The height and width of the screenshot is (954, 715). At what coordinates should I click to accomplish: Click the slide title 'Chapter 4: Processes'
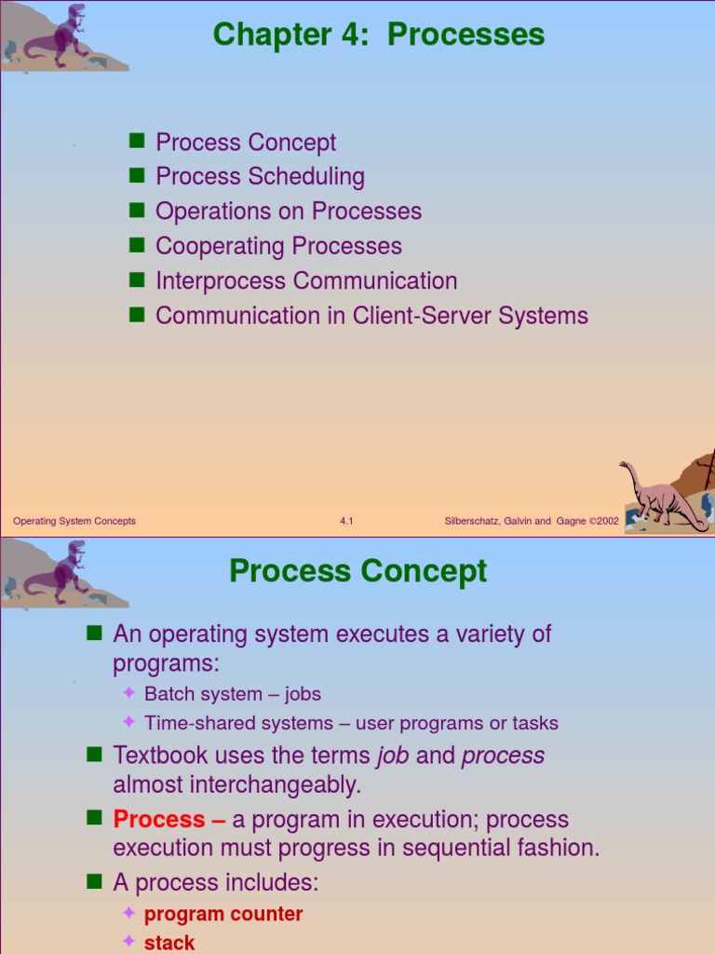coord(378,35)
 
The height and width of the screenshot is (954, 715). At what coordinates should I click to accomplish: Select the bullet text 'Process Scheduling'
coord(260,177)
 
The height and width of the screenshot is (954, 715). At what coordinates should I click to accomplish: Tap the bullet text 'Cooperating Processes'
coord(278,246)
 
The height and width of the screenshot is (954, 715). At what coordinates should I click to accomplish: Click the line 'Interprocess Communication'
coord(306,280)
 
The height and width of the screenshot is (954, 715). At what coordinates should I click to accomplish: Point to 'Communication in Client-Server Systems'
coord(371,316)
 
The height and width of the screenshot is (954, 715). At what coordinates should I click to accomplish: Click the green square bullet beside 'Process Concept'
coord(137,141)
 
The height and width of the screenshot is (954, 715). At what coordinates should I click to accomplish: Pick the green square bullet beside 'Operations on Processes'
coord(137,210)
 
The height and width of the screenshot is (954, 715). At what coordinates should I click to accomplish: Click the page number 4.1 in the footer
coord(346,522)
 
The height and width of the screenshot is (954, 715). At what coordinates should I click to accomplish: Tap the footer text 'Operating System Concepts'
coord(74,522)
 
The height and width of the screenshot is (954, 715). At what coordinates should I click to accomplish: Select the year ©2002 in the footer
coord(602,522)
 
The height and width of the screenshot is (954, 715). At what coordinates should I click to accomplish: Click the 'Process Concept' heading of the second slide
coord(357,571)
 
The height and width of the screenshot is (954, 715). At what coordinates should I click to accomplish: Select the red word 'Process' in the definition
coord(159,820)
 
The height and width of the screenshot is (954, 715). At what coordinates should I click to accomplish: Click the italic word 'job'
coord(393,756)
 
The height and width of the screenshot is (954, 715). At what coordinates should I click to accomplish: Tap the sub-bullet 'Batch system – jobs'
coord(232,694)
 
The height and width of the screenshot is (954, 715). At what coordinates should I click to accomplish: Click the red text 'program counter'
coord(223,914)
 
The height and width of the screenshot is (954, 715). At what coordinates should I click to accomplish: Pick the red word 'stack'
coord(169,943)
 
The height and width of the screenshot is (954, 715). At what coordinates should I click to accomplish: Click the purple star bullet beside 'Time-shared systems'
coord(129,722)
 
